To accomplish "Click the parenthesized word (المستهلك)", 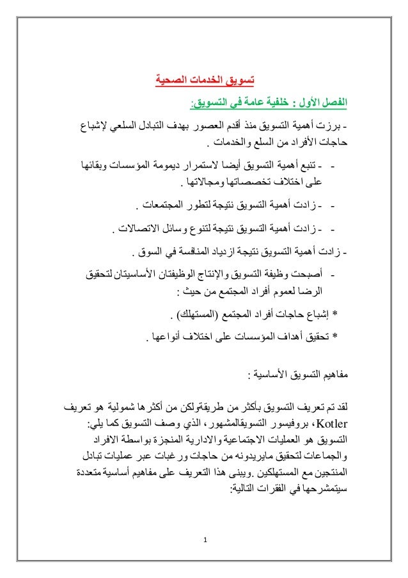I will pyautogui.click(x=199, y=316).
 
